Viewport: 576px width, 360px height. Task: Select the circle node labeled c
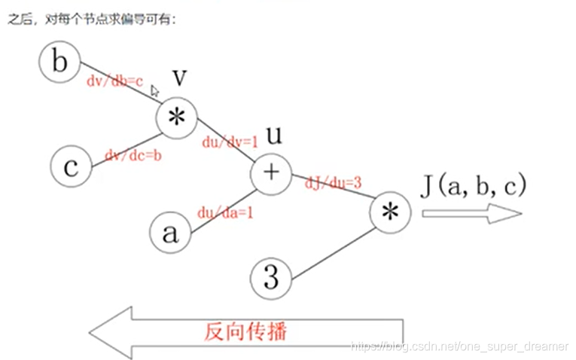click(x=71, y=166)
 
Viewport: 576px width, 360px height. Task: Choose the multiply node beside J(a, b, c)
click(x=391, y=213)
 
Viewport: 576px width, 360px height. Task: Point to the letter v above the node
click(x=179, y=78)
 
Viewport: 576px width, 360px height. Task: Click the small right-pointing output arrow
click(x=471, y=214)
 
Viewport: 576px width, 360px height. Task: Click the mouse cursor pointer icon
click(x=155, y=91)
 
